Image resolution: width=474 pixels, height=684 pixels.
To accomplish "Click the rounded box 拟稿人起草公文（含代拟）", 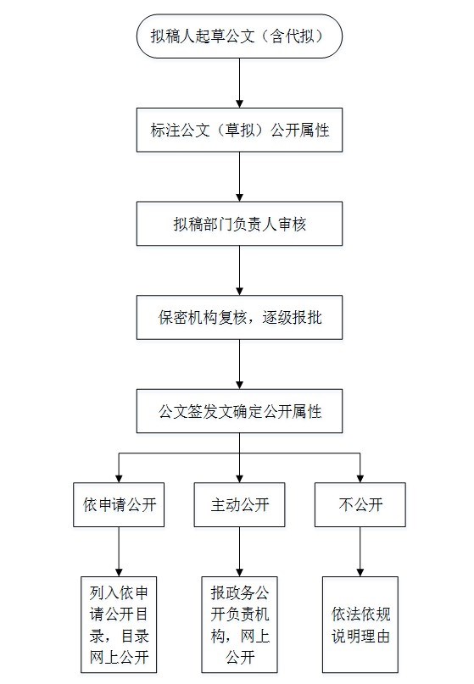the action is [239, 36].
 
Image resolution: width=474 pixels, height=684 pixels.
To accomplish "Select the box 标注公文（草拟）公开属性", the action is [239, 130].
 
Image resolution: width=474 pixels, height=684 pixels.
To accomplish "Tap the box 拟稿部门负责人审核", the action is [239, 224].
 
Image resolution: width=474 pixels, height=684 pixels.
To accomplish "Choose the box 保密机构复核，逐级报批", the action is [239, 317].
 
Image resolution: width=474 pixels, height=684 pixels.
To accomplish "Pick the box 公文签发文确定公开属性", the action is [239, 411].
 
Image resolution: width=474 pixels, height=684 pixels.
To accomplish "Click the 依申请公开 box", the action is [119, 504].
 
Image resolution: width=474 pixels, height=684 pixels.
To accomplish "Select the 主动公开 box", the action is [239, 504].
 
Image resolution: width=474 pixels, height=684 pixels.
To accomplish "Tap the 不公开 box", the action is [360, 504].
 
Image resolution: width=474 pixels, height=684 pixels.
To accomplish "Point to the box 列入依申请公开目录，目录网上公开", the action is [119, 625].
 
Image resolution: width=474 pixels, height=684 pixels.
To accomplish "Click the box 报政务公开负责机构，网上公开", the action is [239, 625].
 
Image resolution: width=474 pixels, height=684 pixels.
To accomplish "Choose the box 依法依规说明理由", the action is [360, 625].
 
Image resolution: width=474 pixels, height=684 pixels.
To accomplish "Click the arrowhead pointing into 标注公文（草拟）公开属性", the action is [239, 103].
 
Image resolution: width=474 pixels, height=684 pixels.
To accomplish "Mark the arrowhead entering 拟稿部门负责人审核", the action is [239, 197].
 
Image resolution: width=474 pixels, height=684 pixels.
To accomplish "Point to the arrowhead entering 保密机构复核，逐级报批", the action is [239, 291].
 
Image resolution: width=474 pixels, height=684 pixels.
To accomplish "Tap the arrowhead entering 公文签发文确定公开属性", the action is [239, 385].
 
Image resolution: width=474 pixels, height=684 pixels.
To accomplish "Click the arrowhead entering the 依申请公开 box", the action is [119, 479].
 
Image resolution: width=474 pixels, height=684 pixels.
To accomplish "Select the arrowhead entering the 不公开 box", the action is [360, 479].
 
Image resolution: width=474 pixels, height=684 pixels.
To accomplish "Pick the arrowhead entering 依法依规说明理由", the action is [360, 572].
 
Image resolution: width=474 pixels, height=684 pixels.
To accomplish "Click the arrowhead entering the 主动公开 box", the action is [239, 479].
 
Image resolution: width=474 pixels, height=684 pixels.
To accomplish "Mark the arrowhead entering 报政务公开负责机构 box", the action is [239, 572].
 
